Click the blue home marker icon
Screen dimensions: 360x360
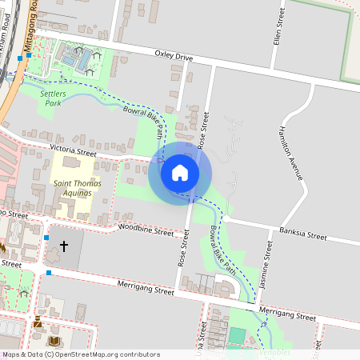pos(179,172)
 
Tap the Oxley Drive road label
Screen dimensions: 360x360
pos(174,57)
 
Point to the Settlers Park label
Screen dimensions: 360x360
pos(53,98)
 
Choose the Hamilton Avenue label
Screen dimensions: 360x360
pos(290,152)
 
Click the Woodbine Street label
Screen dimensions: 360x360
pos(146,230)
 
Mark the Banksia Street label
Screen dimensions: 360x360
pos(303,236)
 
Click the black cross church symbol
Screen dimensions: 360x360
pos(64,246)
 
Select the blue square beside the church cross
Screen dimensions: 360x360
pos(46,238)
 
